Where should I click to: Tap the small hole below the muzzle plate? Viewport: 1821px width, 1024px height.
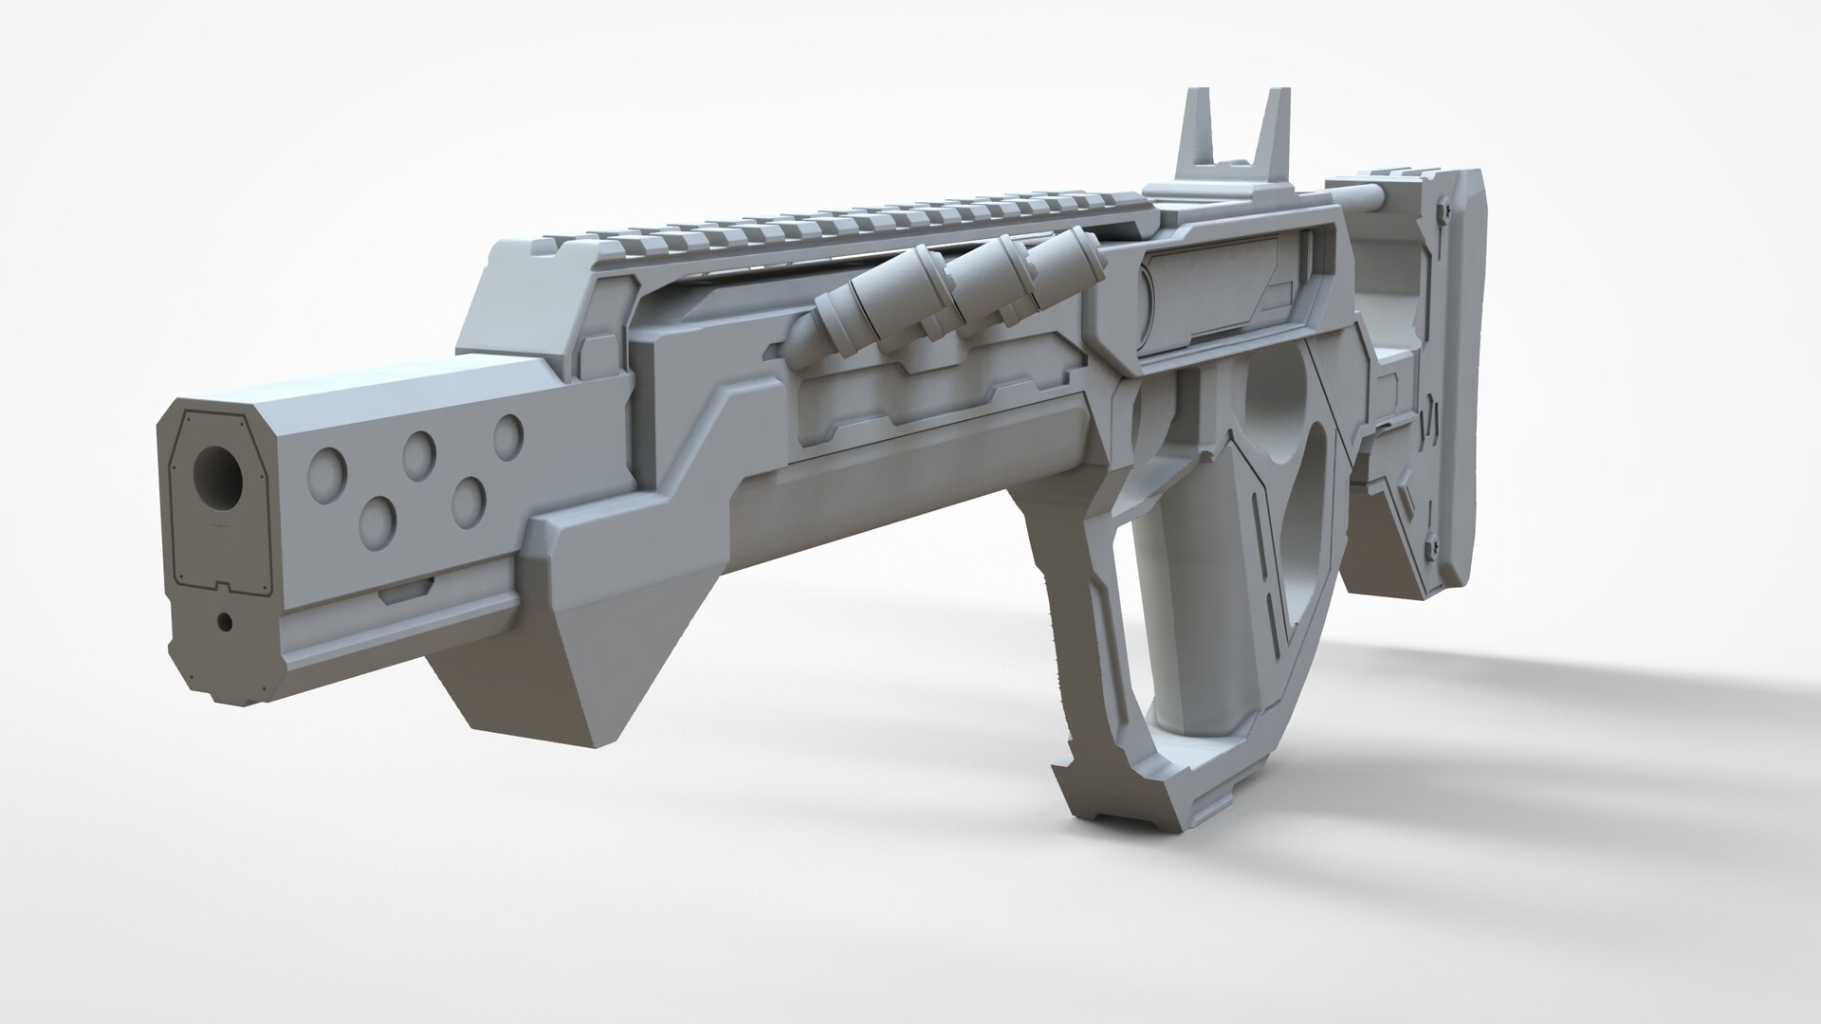point(225,622)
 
